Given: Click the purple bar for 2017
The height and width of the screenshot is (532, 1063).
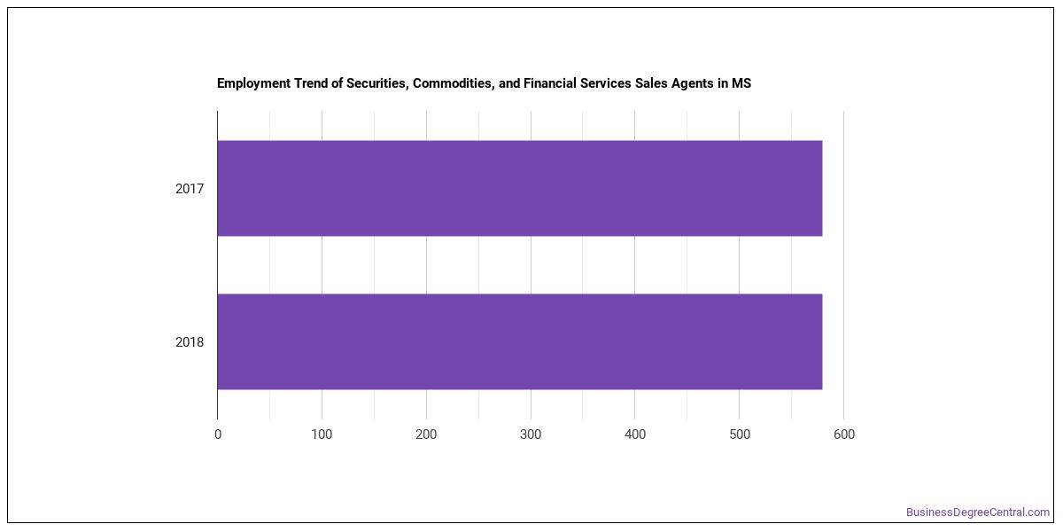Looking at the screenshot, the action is coord(520,188).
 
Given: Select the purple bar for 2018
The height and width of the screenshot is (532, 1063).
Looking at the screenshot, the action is coord(520,341).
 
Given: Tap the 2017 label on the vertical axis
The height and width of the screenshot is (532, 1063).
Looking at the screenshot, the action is coord(190,189).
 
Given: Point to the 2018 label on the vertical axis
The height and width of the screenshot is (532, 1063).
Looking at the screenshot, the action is coord(190,342).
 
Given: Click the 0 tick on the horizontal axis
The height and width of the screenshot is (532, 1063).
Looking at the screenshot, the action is coord(218,434).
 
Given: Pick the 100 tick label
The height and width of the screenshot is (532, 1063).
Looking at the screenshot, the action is coord(322,434).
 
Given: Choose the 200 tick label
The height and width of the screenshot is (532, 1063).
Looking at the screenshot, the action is coord(426,434).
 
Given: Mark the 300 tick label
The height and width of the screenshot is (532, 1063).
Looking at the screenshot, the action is coord(531,434).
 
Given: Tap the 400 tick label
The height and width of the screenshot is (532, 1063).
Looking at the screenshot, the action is coord(635,434).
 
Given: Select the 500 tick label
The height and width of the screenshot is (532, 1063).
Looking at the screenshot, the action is coord(740,434).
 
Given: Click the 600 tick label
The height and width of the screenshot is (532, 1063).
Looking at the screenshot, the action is coord(843,434).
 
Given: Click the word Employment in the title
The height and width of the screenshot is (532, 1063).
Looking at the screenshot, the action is coord(253,84).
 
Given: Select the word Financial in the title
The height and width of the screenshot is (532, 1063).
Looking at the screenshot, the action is coord(549,83).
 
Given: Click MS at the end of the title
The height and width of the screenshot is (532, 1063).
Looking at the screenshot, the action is coord(741,83).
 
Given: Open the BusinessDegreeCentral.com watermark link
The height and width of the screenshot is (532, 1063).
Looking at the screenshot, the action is coord(978,512).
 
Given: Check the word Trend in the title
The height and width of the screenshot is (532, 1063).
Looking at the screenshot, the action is coord(311,83).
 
